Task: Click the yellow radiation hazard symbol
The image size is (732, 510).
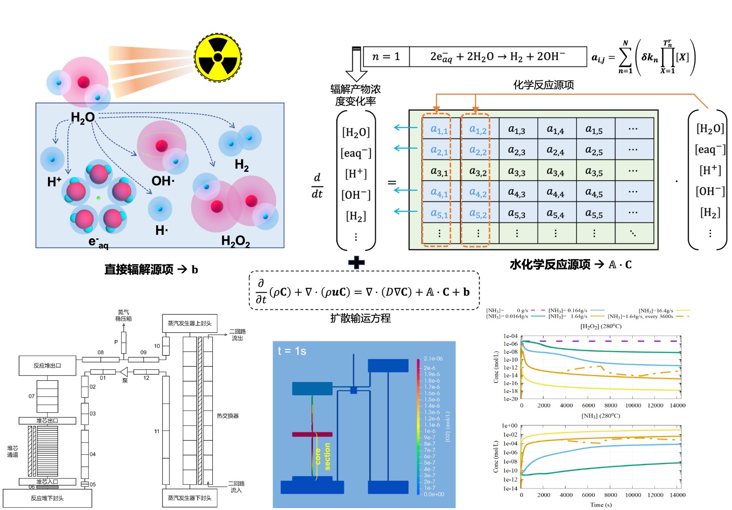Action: [x=218, y=58]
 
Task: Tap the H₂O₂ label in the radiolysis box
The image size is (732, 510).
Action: [x=235, y=241]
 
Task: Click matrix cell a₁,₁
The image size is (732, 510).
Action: [x=439, y=130]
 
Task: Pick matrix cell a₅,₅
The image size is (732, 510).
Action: [x=594, y=213]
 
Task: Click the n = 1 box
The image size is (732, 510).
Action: [x=386, y=57]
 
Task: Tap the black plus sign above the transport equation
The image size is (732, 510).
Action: [x=356, y=262]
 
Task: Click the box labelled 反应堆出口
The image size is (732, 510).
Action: [x=47, y=366]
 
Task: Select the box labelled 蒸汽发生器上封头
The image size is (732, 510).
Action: [x=189, y=323]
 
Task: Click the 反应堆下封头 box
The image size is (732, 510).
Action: [x=47, y=498]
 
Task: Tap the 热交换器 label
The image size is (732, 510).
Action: [x=227, y=416]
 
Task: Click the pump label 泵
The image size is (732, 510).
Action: [x=125, y=380]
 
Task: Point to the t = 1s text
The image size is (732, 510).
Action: [x=292, y=351]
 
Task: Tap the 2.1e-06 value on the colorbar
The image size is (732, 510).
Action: [x=433, y=359]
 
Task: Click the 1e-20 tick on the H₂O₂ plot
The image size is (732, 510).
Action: [x=511, y=399]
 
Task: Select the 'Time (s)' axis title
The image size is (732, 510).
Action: [x=601, y=505]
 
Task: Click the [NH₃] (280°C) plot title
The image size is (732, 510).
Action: [x=601, y=416]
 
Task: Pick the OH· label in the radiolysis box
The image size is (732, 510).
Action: [x=163, y=181]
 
